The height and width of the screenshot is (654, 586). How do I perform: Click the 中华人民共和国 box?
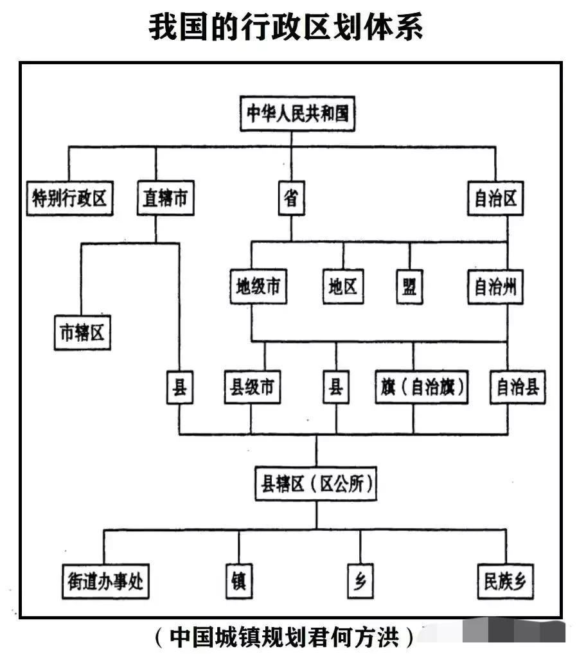point(297,114)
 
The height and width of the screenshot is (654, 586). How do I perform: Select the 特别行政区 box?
point(69,198)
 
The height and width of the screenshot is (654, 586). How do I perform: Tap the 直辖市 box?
point(166,198)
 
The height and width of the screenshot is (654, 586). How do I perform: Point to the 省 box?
point(292,198)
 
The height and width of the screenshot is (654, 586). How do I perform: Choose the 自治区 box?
point(495,198)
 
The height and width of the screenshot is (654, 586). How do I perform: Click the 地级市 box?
point(258,287)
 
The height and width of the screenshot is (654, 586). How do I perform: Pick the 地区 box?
point(343,287)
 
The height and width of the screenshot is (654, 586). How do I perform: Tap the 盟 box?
point(409,287)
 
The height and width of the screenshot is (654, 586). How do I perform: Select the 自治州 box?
point(495,287)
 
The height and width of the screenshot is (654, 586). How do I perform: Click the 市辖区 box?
point(82,332)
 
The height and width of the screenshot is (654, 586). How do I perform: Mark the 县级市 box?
point(253,387)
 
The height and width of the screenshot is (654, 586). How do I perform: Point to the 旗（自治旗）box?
point(422,387)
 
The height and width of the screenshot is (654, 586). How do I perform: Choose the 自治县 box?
point(518,387)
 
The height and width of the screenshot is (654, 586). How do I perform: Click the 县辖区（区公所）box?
point(316,484)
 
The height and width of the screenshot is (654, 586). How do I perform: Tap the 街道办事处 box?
point(105,581)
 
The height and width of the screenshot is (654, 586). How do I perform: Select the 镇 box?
point(239,581)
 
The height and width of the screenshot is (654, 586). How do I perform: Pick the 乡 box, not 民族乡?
point(360,581)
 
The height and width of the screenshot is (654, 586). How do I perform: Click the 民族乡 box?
point(506,581)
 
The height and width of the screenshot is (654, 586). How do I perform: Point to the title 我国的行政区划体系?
point(286,27)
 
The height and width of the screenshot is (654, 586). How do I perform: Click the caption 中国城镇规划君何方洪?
point(285,637)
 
